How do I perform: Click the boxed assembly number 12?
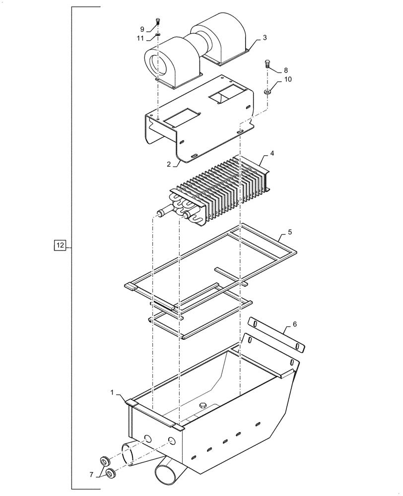tap(60, 246)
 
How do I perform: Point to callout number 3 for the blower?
tap(265, 37)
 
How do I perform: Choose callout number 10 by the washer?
tap(288, 79)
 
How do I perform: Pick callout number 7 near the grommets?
tap(91, 475)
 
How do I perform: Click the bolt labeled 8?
tap(268, 63)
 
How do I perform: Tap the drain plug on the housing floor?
tap(202, 406)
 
